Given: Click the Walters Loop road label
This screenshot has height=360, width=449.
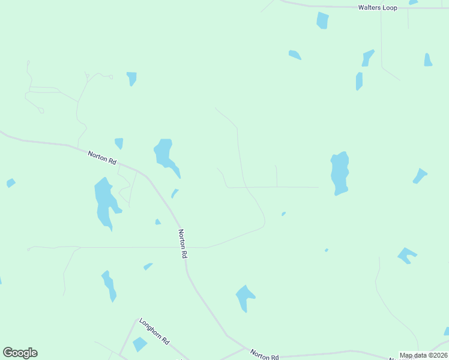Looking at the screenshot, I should pyautogui.click(x=378, y=8).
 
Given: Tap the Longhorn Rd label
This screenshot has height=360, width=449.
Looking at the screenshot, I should pyautogui.click(x=154, y=331).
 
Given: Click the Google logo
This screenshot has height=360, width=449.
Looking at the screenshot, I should pyautogui.click(x=20, y=353).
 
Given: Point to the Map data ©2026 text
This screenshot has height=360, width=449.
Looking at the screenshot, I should pyautogui.click(x=423, y=355).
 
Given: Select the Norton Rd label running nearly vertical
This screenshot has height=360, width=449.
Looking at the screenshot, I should pyautogui.click(x=183, y=243).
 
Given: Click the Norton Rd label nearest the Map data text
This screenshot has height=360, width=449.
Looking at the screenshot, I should pyautogui.click(x=264, y=355).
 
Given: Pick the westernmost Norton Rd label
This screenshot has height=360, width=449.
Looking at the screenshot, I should pyautogui.click(x=101, y=158).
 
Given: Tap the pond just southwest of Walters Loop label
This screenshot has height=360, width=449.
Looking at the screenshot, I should pyautogui.click(x=323, y=20).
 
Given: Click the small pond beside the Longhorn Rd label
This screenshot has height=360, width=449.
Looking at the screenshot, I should pyautogui.click(x=140, y=344).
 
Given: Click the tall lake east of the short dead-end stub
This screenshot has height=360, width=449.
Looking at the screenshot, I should pyautogui.click(x=340, y=173).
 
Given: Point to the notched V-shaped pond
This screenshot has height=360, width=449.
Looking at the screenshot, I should pyautogui.click(x=407, y=255).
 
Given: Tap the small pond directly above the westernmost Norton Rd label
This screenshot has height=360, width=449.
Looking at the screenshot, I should pyautogui.click(x=119, y=143).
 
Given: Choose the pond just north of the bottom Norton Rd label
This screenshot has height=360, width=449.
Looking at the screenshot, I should pyautogui.click(x=244, y=296).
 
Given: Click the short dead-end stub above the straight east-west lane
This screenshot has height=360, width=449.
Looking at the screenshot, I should pyautogui.click(x=276, y=176).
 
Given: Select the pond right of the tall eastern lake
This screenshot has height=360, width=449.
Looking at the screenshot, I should pyautogui.click(x=420, y=176).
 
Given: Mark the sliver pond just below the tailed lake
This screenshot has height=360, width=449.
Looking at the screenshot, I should pyautogui.click(x=174, y=193).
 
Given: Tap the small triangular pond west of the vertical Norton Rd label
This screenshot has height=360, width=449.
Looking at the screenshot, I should pyautogui.click(x=158, y=222).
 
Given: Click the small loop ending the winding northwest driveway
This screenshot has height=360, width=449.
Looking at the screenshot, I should pyautogui.click(x=41, y=110).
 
